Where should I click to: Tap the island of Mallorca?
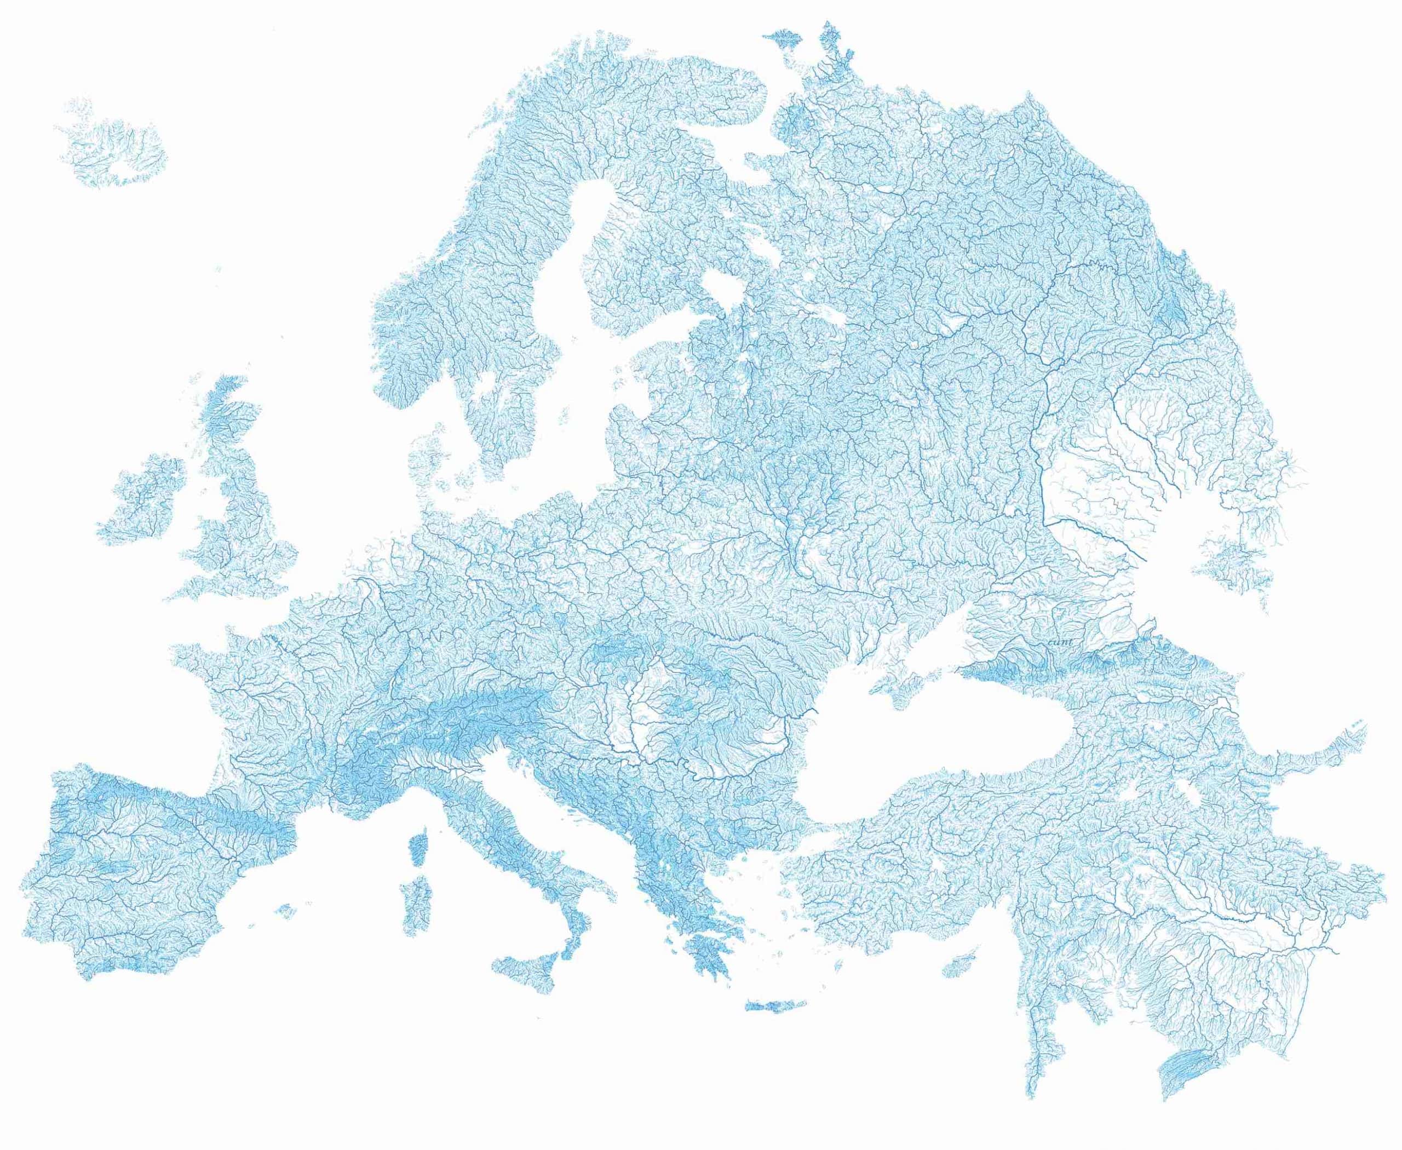pyautogui.click(x=285, y=911)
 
